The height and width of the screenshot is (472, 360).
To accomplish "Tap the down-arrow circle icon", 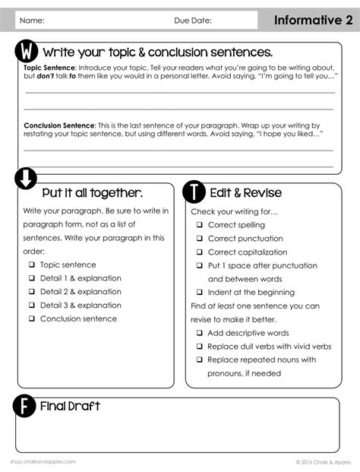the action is point(25,179).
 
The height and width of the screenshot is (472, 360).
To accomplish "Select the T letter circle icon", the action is point(195,191).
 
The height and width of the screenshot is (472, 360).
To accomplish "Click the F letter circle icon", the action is point(25,407).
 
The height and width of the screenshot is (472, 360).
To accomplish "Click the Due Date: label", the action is point(193,21).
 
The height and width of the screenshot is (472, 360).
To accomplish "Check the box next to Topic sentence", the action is point(32,265).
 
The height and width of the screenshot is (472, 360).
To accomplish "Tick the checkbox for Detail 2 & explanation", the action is point(32,292).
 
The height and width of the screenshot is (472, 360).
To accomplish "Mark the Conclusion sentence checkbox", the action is point(32,319).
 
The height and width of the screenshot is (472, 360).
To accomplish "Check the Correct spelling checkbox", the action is point(200,225).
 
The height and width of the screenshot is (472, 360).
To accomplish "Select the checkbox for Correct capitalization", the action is point(200,252).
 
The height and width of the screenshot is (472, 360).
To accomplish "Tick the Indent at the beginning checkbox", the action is point(200,293).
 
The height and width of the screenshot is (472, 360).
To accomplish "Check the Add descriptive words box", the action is point(200,333).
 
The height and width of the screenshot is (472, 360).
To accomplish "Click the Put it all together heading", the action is point(92,192).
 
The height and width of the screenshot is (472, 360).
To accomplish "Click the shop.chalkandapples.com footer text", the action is point(43,461).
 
